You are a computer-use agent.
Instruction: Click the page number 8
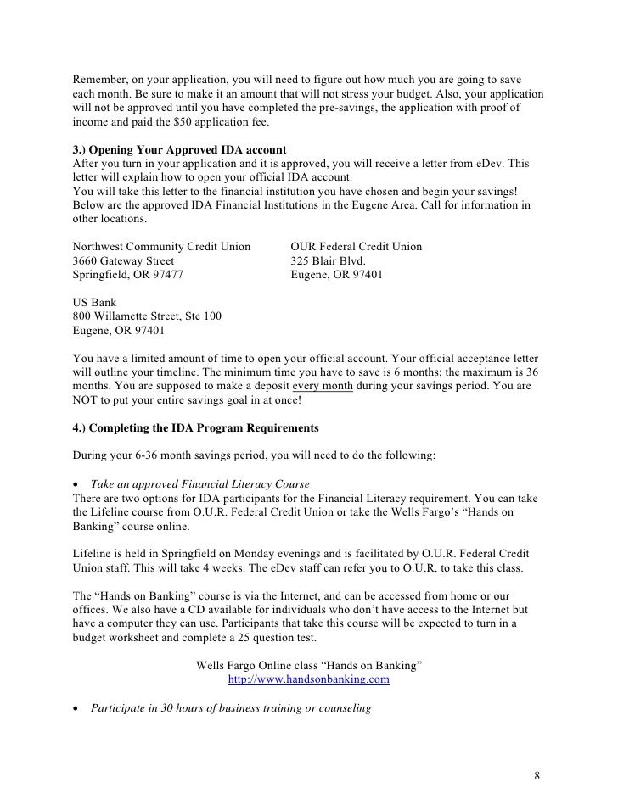pyautogui.click(x=537, y=776)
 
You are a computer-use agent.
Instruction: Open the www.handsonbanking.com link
pyautogui.click(x=309, y=679)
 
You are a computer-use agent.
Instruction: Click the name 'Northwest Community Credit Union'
pyautogui.click(x=162, y=247)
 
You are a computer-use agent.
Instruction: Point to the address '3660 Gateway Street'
pyautogui.click(x=124, y=261)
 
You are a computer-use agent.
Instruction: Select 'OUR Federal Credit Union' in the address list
pyautogui.click(x=356, y=247)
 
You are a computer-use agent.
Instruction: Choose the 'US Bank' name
pyautogui.click(x=95, y=303)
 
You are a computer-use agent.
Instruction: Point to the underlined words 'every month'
pyautogui.click(x=324, y=385)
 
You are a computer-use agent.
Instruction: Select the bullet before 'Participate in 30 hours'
pyautogui.click(x=78, y=707)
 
